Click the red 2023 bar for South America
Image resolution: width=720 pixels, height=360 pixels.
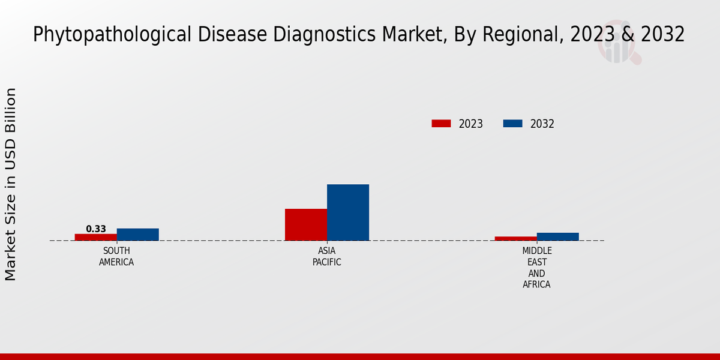96,237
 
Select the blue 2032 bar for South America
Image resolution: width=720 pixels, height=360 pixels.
138,235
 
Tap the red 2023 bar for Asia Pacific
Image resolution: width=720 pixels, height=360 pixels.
306,224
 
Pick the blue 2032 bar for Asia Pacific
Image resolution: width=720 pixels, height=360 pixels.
348,212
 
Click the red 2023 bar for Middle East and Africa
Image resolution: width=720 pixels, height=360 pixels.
516,238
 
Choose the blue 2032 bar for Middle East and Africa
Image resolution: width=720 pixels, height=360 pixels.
558,236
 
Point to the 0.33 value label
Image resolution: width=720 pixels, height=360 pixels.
96,229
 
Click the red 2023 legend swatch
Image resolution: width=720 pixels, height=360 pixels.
441,124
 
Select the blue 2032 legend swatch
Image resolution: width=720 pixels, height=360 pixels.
512,124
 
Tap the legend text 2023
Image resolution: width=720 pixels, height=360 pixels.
471,124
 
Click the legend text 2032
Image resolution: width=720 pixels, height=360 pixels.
542,124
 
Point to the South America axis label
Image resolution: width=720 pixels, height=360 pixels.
116,256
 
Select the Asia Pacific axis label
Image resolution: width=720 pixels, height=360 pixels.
327,256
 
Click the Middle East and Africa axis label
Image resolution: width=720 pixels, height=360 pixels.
536,268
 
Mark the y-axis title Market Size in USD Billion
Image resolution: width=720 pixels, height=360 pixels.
11,184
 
